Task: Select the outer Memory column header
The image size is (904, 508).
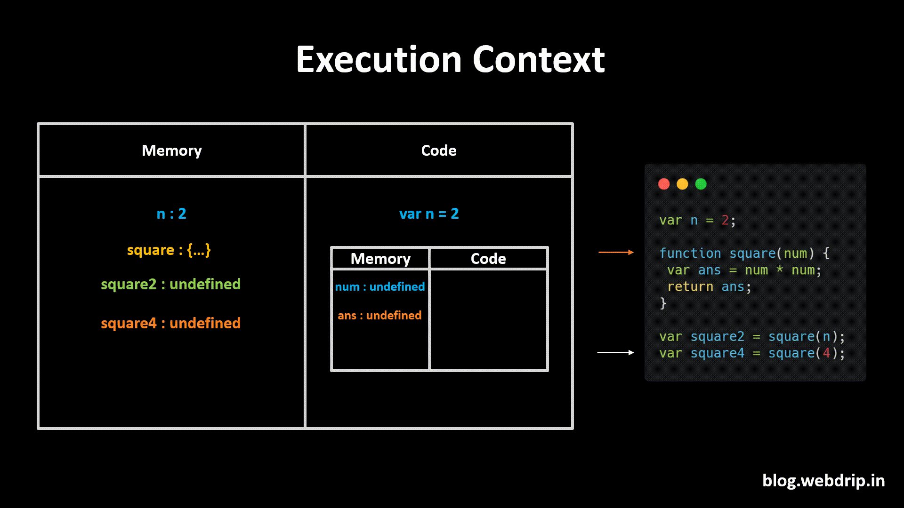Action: [171, 151]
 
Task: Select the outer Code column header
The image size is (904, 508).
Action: [438, 151]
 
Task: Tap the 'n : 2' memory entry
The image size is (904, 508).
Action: [171, 214]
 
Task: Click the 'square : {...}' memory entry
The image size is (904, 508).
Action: [169, 250]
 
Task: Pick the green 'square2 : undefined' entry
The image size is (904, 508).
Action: [170, 284]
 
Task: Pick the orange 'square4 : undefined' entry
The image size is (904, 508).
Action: [170, 323]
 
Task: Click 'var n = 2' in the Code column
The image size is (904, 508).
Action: [428, 214]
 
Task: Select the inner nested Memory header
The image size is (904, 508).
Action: [380, 259]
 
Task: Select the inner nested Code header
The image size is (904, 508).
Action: [488, 259]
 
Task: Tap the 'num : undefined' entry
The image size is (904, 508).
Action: [379, 287]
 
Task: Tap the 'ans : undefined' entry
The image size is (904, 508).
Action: [379, 316]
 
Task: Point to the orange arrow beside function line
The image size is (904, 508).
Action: [615, 253]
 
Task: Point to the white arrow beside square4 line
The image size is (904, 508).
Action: [615, 352]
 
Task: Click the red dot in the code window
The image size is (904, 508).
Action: [664, 184]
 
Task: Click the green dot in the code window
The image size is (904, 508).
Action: [701, 184]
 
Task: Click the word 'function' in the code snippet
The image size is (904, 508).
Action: [690, 254]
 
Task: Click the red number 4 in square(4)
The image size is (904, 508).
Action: [826, 353]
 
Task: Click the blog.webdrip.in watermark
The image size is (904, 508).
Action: [823, 481]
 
